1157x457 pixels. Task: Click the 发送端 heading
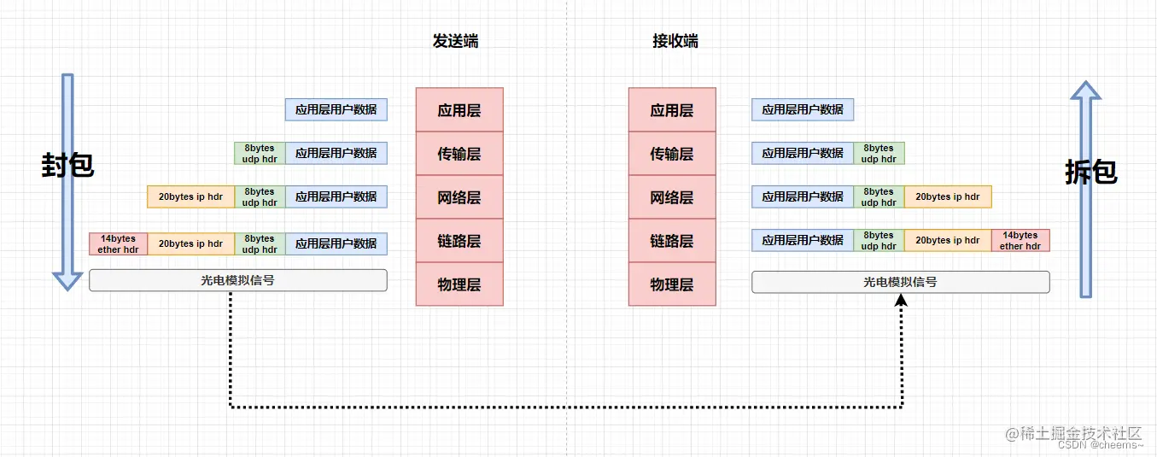[455, 41]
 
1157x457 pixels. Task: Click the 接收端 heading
[675, 41]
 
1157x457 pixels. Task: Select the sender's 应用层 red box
[459, 110]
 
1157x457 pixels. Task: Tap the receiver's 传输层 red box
[672, 154]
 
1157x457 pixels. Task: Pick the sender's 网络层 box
[459, 197]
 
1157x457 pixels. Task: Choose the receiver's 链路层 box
[672, 241]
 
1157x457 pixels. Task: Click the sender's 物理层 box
[459, 284]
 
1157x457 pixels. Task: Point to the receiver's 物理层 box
[672, 284]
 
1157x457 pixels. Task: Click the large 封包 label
[67, 165]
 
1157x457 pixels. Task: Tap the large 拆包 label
[1090, 172]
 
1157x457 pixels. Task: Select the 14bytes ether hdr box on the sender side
[118, 243]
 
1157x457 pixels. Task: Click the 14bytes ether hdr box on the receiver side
[1020, 240]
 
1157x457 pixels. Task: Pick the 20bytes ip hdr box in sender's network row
[190, 196]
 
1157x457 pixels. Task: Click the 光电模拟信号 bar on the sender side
[237, 280]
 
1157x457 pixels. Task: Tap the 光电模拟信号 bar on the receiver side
[900, 281]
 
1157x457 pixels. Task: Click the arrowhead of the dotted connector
[902, 300]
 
